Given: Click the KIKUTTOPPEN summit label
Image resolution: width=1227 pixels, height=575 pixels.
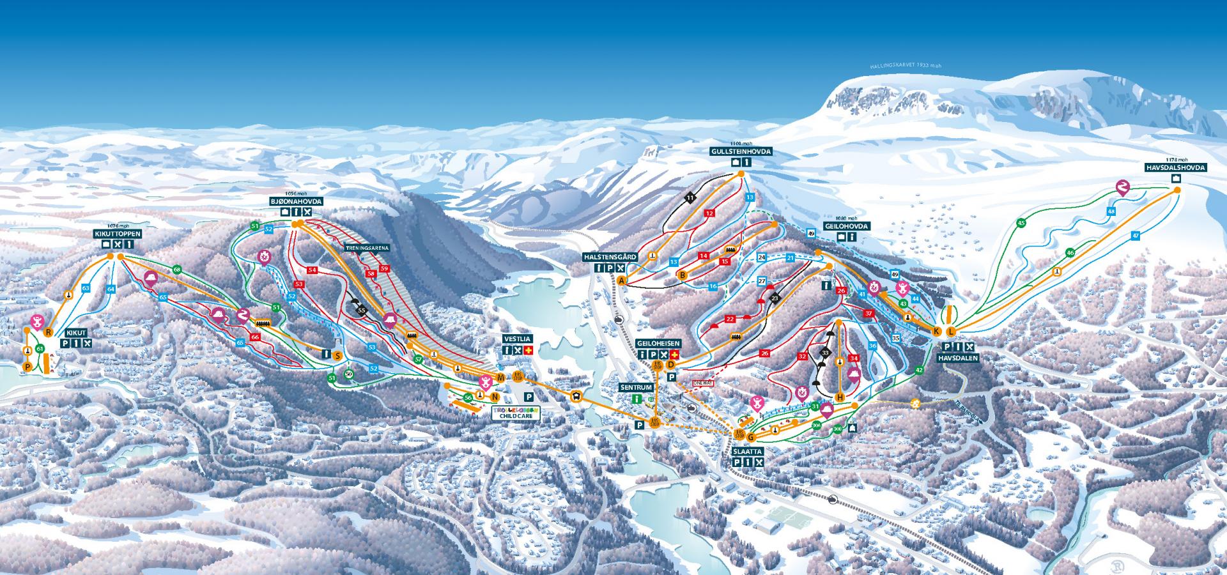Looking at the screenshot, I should point(116,234).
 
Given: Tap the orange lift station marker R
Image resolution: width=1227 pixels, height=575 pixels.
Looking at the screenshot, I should point(48,332).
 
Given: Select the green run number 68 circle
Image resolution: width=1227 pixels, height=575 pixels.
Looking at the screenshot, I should point(177,270).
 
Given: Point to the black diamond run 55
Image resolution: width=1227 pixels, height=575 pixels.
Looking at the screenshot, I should point(362,310).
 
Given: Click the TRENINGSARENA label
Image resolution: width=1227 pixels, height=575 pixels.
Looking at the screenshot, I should point(367,248).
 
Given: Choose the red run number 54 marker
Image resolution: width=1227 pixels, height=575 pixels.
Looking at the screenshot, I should point(312,270).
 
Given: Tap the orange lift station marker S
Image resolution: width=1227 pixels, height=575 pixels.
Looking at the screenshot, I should point(337,355).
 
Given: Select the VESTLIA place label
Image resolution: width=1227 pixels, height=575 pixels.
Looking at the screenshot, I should point(516,339).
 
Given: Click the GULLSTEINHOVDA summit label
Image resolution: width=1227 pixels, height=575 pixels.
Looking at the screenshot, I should point(741,152).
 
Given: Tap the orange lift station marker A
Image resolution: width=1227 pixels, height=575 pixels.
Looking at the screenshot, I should point(621,280).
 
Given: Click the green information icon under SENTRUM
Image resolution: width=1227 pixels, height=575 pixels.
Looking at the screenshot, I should point(636,399).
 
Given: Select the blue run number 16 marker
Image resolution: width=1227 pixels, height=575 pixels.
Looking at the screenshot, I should point(713,286).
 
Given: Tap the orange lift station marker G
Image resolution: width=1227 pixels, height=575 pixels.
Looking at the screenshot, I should point(752,438).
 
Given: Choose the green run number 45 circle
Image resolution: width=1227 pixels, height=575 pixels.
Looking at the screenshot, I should point(1021,223).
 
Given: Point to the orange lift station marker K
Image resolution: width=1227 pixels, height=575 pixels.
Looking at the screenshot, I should point(936,331).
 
